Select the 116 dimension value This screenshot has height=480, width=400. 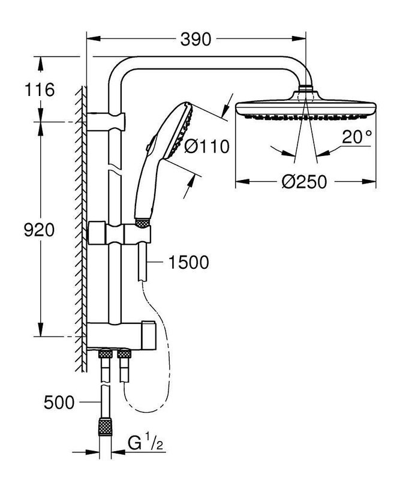click(x=40, y=91)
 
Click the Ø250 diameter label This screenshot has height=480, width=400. click(x=305, y=182)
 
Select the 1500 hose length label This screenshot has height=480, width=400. click(x=188, y=262)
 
